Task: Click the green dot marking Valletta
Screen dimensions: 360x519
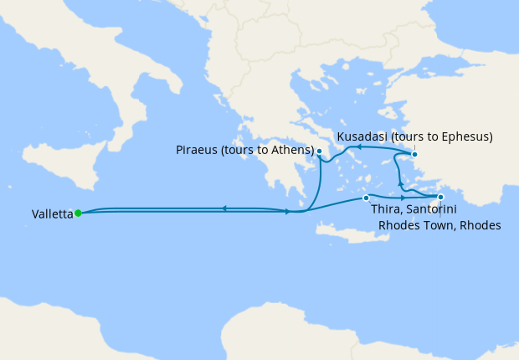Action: (78, 213)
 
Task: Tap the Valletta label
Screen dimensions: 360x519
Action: (52, 214)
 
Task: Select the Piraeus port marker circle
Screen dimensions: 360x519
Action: (319, 152)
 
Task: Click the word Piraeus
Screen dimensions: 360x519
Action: (198, 152)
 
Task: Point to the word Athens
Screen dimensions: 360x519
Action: (290, 152)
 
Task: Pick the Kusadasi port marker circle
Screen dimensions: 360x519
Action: (414, 154)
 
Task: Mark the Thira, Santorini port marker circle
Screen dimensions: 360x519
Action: (366, 198)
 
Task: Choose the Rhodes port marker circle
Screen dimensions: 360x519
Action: (440, 198)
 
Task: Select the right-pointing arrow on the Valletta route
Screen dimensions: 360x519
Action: (288, 212)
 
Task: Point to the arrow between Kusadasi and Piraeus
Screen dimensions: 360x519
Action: (358, 147)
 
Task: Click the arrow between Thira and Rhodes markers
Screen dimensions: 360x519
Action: (403, 198)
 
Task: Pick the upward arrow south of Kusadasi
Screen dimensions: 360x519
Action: (400, 184)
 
